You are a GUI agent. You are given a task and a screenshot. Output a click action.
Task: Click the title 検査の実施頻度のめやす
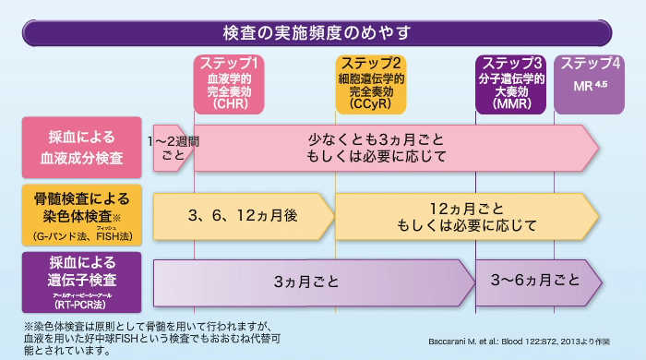(x=317, y=32)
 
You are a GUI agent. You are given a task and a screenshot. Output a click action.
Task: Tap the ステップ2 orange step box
(x=370, y=84)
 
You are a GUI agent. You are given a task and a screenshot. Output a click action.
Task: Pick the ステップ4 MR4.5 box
(x=590, y=84)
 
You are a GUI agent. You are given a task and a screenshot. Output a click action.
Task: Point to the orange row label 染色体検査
(x=82, y=215)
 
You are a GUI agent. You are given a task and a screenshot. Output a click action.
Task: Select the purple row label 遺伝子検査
(x=82, y=282)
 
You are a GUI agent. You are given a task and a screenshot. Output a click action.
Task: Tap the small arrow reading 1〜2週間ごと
(x=173, y=147)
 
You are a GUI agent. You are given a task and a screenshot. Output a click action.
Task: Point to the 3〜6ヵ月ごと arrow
(x=535, y=282)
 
